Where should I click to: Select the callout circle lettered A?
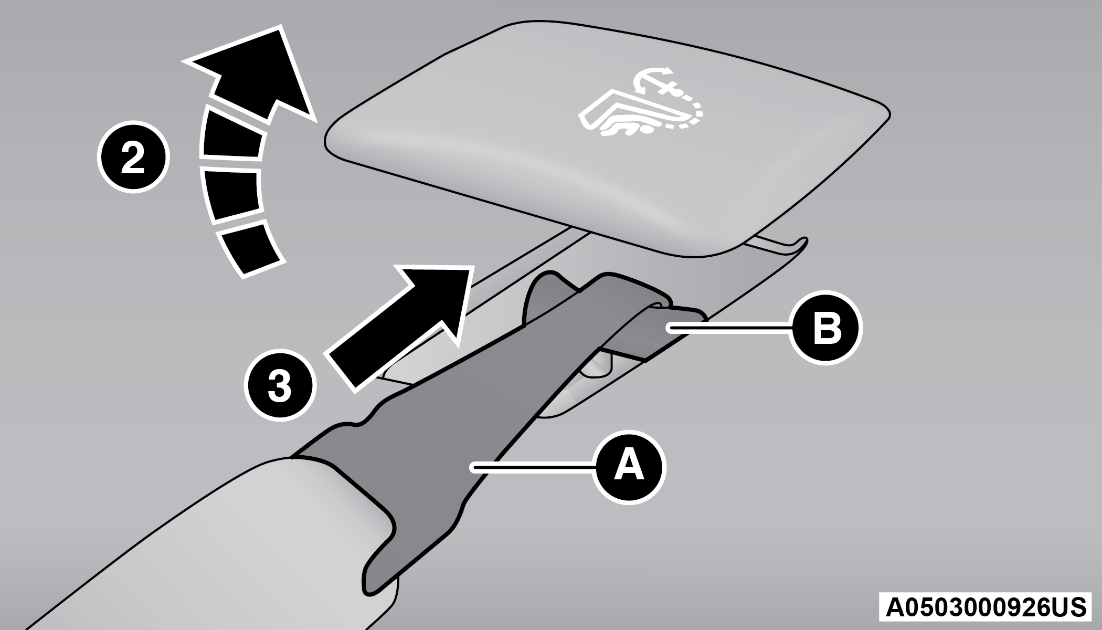pyautogui.click(x=629, y=467)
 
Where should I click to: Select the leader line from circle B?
pyautogui.click(x=729, y=328)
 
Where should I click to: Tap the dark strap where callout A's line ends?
pyautogui.click(x=472, y=466)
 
